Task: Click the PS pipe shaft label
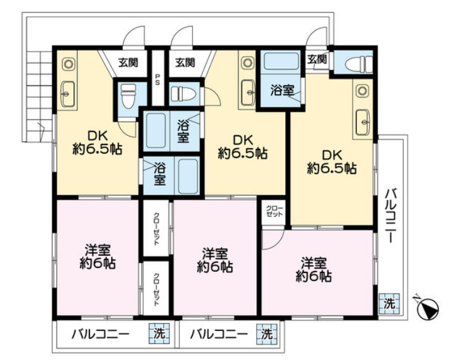tap(157, 80)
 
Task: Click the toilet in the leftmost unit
tap(128, 96)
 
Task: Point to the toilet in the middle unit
tap(183, 93)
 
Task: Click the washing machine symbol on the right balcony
tap(389, 304)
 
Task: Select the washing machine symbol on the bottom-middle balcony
tap(267, 333)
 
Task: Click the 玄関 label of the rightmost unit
tap(317, 59)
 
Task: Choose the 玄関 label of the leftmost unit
tap(128, 62)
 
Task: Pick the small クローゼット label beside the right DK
tap(274, 211)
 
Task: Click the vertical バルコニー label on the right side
tap(391, 216)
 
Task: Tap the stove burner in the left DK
tap(68, 64)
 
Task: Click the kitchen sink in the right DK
tap(363, 122)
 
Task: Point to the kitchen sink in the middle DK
tap(248, 92)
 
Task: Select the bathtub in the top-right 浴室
tap(281, 61)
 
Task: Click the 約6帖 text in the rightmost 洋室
tap(314, 277)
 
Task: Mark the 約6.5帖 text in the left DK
tap(98, 149)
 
